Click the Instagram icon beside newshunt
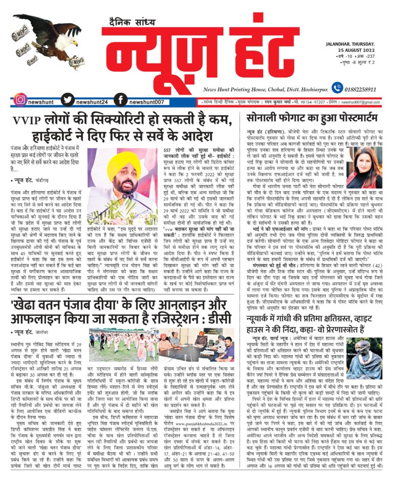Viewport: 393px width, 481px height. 19,99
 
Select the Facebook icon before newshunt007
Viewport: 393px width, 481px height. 120,99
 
